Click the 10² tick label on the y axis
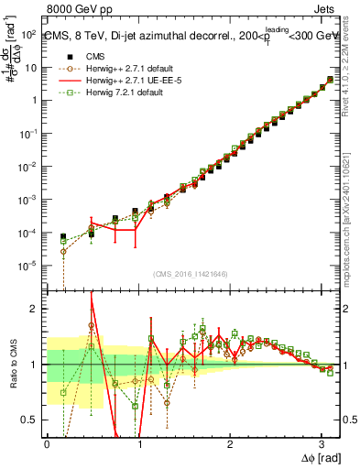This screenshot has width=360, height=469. pyautogui.click(x=28, y=35)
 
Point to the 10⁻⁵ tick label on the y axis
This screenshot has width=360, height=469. pyautogui.click(x=28, y=266)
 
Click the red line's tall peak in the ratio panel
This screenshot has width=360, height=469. pyautogui.click(x=92, y=296)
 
